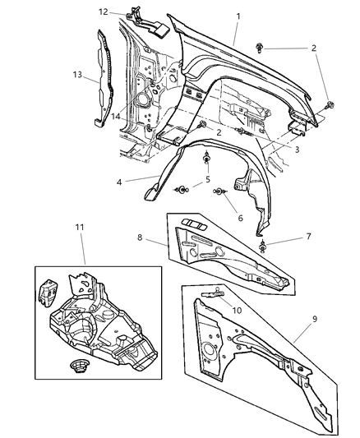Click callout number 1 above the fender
pyautogui.click(x=238, y=16)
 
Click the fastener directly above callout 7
pyautogui.click(x=262, y=247)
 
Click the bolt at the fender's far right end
pyautogui.click(x=331, y=104)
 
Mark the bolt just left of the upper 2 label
pyautogui.click(x=261, y=48)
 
